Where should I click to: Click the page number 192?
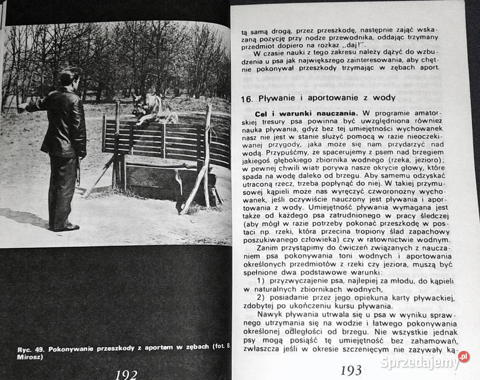[126, 374]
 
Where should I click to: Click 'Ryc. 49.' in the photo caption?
[28, 349]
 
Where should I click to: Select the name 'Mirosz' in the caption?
[29, 357]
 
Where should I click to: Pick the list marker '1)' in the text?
[260, 279]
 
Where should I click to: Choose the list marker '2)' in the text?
[260, 298]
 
